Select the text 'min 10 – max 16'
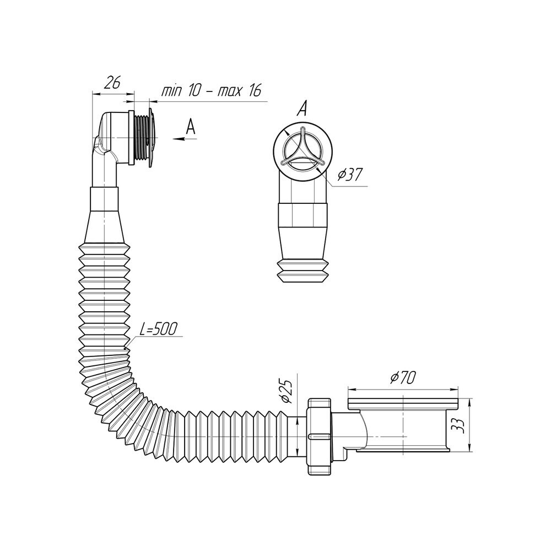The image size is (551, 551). pos(212,91)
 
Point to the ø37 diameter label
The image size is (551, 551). pos(350,174)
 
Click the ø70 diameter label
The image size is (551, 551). pos(403,378)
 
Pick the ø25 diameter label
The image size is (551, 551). pos(287,391)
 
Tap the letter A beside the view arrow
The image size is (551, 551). pos(190,127)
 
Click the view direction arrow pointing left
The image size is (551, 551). pos(185,139)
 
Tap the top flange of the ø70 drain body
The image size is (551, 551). pos(403,403)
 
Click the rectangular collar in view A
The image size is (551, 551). pos(302,215)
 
